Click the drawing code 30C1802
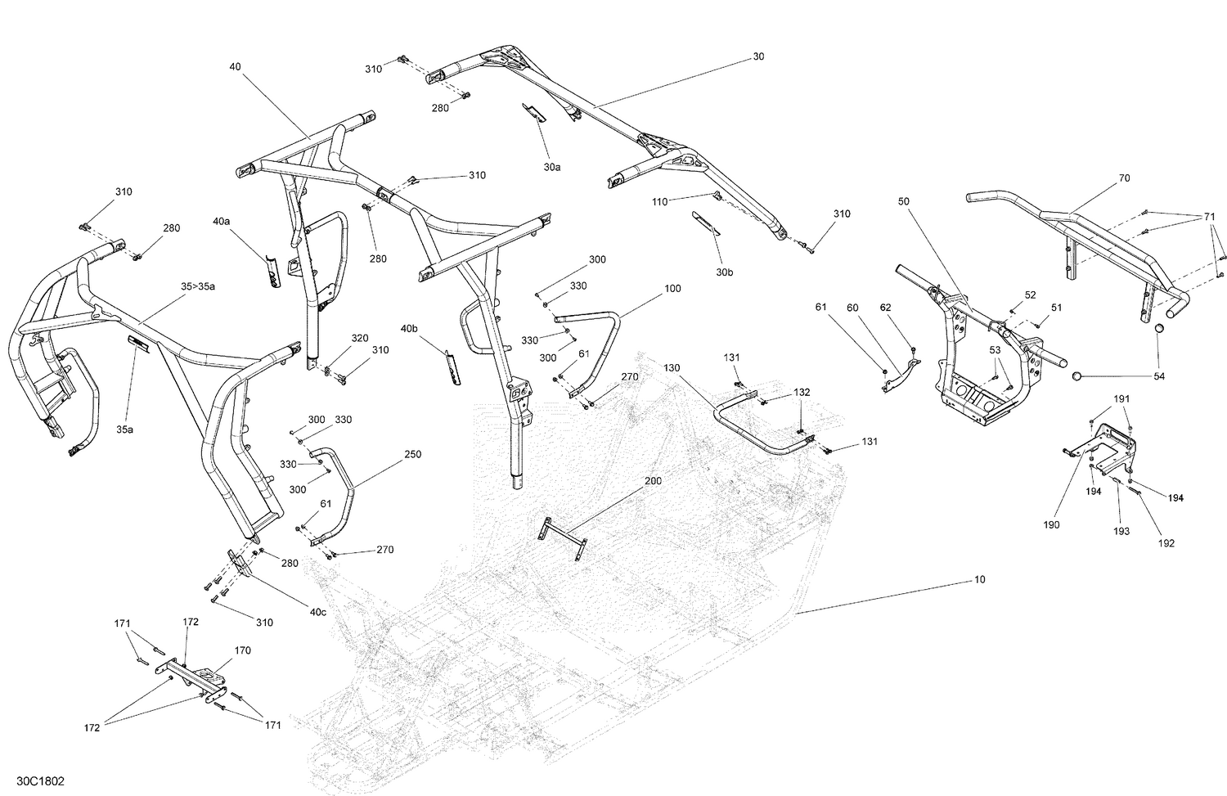click(41, 780)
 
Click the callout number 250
click(412, 454)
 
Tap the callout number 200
click(653, 480)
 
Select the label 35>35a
click(198, 286)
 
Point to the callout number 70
click(1124, 178)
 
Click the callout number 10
click(979, 579)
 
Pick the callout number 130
click(672, 367)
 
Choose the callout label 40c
click(317, 612)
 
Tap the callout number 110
click(659, 201)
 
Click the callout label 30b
click(724, 272)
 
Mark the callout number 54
click(1158, 376)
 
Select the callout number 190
click(1051, 524)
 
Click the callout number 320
click(359, 338)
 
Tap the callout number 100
click(672, 289)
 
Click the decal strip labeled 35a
click(138, 343)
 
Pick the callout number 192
click(1166, 543)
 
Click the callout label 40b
click(409, 328)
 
